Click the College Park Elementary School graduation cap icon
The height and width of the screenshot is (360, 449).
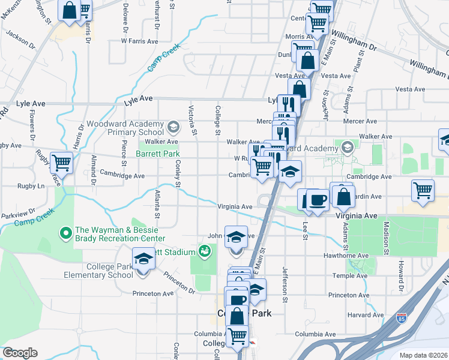tap(143, 259)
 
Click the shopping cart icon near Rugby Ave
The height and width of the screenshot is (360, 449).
tap(61, 162)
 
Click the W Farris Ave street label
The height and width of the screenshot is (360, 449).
tap(139, 41)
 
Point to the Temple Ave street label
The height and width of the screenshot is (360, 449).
tap(369, 275)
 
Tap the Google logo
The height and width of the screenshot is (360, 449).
tap(20, 353)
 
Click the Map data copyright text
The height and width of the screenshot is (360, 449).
tap(423, 355)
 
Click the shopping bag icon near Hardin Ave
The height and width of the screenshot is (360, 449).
tap(343, 196)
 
